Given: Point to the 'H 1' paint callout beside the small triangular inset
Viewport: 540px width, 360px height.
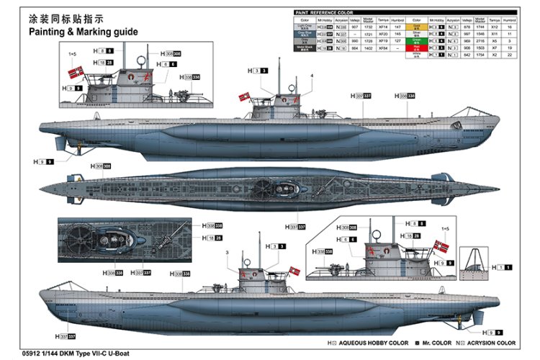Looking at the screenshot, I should click(503, 267).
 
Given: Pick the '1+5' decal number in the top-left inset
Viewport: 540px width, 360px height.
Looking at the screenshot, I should click(72, 54).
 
